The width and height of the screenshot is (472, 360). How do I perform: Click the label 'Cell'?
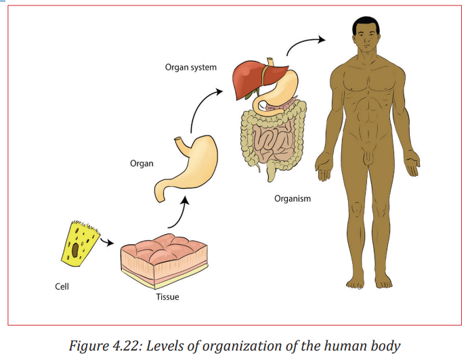point(62,286)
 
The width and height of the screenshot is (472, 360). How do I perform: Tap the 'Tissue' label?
point(168,297)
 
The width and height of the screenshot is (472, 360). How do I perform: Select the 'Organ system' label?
point(191,68)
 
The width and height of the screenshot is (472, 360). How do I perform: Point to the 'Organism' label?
point(293,199)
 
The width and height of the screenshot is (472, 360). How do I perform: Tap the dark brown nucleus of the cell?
point(75,250)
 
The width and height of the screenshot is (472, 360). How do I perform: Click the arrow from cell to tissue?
point(106,241)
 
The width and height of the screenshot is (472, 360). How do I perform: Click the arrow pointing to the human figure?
point(303,43)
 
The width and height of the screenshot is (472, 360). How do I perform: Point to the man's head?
point(366,34)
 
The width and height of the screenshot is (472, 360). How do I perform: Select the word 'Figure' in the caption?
point(89,346)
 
